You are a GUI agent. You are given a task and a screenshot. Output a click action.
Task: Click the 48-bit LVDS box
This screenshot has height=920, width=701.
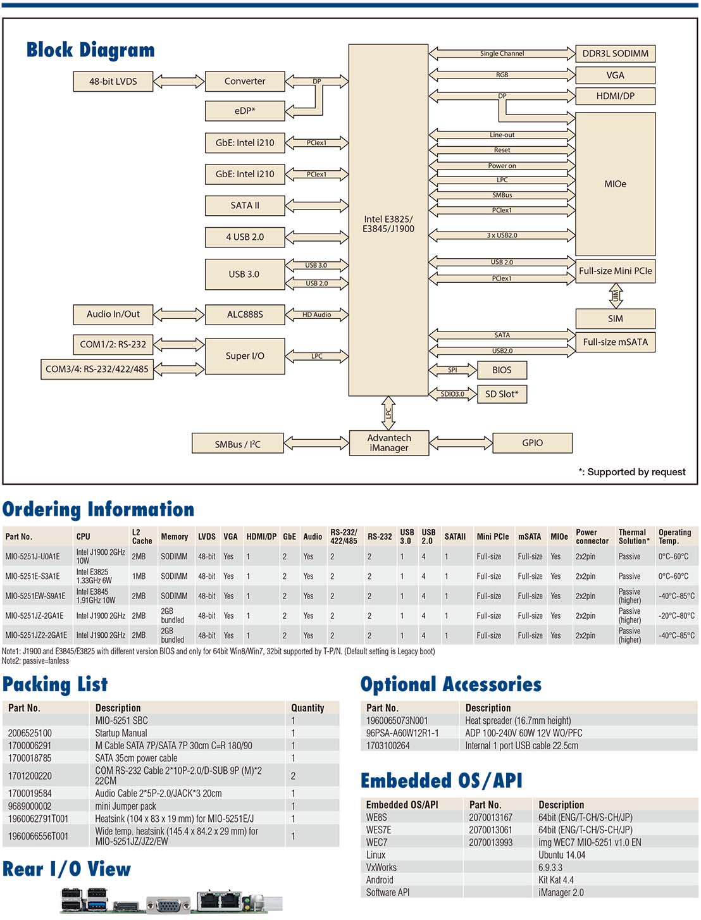tap(113, 81)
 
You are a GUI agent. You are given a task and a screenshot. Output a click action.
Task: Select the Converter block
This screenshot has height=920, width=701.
tap(245, 81)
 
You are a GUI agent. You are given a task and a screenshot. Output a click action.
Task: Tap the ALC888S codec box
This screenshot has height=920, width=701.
tap(245, 314)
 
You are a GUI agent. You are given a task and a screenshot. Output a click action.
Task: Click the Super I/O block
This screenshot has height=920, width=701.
tap(245, 356)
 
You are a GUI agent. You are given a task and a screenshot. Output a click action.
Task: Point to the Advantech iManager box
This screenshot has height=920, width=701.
tap(389, 443)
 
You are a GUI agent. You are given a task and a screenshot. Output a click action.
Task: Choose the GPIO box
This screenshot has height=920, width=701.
tap(532, 443)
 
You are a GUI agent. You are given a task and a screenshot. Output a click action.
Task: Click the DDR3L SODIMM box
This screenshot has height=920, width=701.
tap(615, 54)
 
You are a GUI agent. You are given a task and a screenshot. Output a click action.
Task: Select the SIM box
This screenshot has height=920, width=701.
tap(615, 318)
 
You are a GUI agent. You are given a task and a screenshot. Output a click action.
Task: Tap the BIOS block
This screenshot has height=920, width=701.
tap(502, 370)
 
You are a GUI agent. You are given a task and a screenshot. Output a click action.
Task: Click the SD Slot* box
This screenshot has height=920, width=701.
tap(502, 394)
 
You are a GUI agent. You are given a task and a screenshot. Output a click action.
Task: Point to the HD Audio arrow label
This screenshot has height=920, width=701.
tap(316, 314)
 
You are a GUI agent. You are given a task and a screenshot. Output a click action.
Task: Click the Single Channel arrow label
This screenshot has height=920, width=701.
tap(502, 54)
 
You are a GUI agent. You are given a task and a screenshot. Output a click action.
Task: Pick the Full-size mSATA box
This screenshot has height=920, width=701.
tap(615, 342)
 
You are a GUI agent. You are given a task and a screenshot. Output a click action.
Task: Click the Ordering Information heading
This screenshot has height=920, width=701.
tap(98, 509)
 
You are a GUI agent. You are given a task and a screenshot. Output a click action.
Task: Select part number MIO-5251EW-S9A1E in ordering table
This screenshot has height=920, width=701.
tap(35, 596)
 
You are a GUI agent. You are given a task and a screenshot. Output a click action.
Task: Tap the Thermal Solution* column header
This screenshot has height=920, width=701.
tap(633, 537)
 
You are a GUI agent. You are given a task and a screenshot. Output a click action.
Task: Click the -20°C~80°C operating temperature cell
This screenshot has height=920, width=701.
tap(676, 616)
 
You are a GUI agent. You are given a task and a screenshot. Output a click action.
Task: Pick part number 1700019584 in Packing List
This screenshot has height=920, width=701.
tap(30, 793)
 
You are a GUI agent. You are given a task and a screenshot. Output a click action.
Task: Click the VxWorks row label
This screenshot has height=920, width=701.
tap(381, 867)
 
